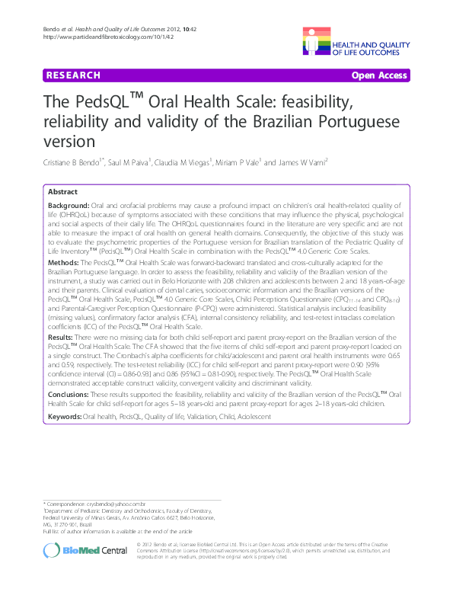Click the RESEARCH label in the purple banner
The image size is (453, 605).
[73, 75]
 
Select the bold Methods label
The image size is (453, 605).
[62, 261]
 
